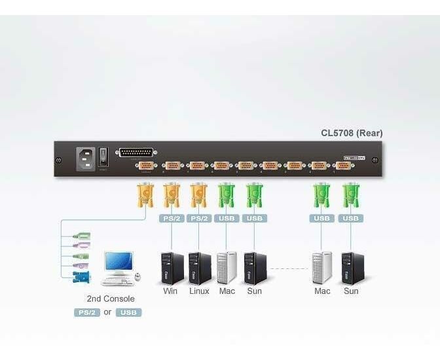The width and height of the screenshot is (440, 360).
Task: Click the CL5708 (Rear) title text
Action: pos(351,134)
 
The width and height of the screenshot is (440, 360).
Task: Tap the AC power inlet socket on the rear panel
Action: pos(85,158)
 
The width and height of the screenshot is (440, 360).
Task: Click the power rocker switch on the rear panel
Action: pos(103,158)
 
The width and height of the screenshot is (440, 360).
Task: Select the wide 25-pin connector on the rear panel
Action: pos(135,153)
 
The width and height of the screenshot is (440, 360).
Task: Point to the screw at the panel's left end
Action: pos(60,160)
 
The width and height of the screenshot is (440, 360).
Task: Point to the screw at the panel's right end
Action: pos(375,160)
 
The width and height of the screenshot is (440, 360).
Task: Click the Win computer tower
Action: pos(172,267)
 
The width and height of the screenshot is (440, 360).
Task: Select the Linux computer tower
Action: pos(199,267)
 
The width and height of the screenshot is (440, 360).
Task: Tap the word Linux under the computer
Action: pos(199,291)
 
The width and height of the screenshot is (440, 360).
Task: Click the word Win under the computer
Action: pos(170,291)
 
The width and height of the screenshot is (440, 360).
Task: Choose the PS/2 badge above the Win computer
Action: pos(171,218)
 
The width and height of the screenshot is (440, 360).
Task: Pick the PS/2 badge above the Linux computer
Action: pos(198,218)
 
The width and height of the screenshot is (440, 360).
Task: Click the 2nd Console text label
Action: pos(111,298)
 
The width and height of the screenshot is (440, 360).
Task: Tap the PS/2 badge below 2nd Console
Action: pos(86,312)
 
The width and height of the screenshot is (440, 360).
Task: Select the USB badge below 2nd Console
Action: pos(129,312)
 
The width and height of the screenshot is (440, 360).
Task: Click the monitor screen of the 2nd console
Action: pos(118,262)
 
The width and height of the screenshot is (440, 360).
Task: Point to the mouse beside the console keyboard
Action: pos(138,278)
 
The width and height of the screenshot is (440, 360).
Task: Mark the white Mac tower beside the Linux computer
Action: pos(227,267)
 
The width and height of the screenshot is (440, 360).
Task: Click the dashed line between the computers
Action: pos(288,268)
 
